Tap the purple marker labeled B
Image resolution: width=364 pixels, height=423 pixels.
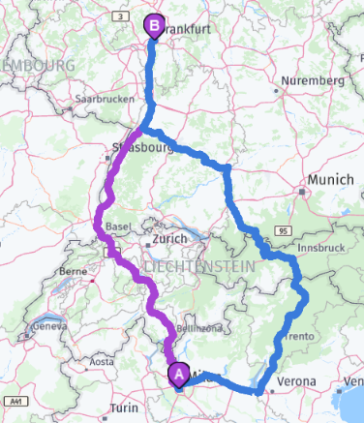(154, 26)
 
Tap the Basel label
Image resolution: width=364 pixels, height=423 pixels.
(117, 227)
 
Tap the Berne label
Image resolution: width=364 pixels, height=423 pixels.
(75, 272)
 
